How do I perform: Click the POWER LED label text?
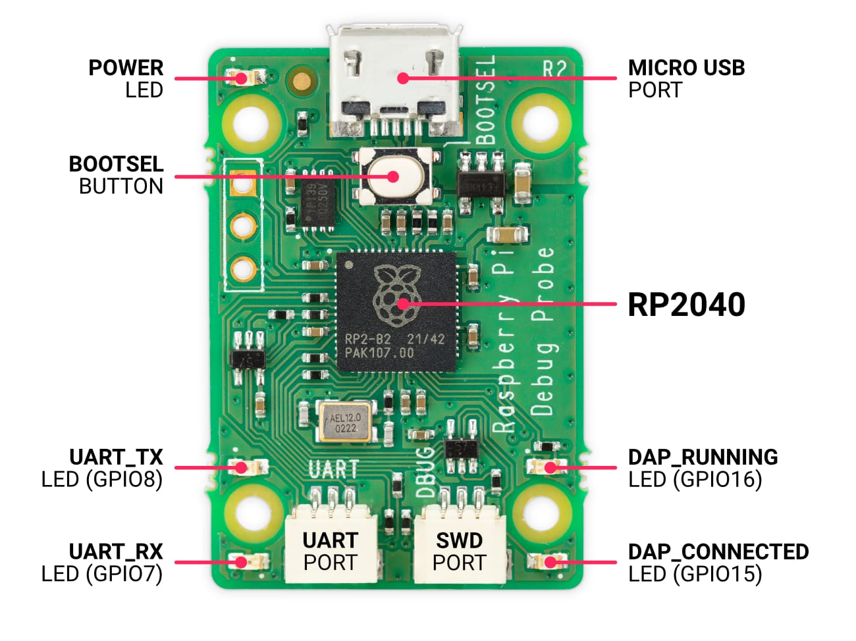(126, 78)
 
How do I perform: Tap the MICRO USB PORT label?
(686, 78)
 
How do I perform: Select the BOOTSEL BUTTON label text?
(116, 175)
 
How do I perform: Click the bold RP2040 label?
(686, 305)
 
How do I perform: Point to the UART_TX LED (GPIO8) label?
(102, 468)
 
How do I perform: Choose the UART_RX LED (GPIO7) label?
(102, 563)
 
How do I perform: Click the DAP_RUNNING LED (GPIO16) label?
(703, 468)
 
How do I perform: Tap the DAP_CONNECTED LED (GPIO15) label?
(718, 563)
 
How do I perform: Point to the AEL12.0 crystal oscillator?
(344, 422)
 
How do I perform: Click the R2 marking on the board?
(554, 68)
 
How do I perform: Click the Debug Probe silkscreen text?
(542, 332)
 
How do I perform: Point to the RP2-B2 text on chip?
(368, 340)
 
